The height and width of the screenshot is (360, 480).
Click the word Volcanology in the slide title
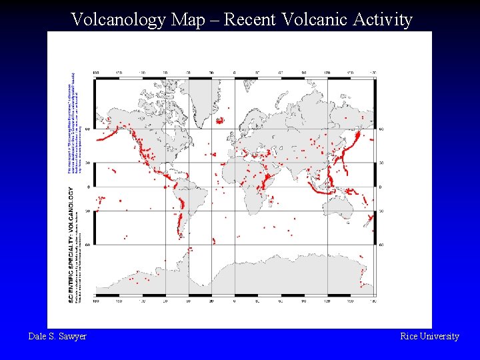pyautogui.click(x=118, y=20)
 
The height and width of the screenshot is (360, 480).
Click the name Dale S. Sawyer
pyautogui.click(x=57, y=337)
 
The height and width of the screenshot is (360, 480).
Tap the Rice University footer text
pyautogui.click(x=429, y=337)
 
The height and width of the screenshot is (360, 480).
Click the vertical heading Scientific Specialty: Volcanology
pyautogui.click(x=71, y=244)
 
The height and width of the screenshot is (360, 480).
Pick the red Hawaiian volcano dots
pyautogui.click(x=113, y=171)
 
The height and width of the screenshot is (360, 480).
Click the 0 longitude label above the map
pyautogui.click(x=234, y=73)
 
